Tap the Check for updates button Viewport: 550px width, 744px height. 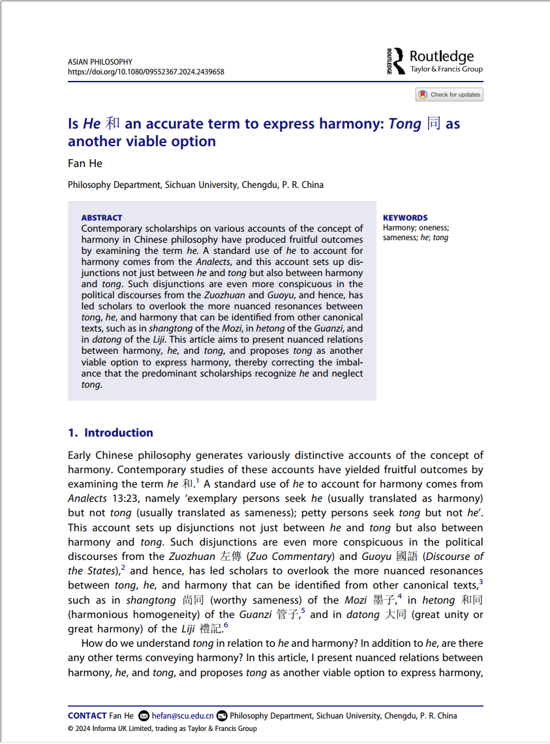[450, 95]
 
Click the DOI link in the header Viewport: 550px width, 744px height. [145, 72]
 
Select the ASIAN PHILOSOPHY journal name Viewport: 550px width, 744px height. [100, 62]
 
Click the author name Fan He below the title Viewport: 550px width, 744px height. [85, 163]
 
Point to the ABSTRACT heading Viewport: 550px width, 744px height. [102, 218]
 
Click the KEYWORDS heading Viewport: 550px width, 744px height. [405, 218]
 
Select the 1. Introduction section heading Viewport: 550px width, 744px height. [110, 433]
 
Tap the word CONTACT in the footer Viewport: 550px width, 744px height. [87, 716]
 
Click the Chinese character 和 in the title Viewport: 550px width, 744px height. [112, 124]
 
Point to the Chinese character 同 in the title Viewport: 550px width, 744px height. [433, 124]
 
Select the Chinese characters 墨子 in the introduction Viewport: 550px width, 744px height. [386, 600]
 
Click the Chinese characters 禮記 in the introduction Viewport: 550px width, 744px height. [211, 629]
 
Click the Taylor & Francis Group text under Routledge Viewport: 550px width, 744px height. [446, 69]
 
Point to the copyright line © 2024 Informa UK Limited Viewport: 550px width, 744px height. [162, 728]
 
